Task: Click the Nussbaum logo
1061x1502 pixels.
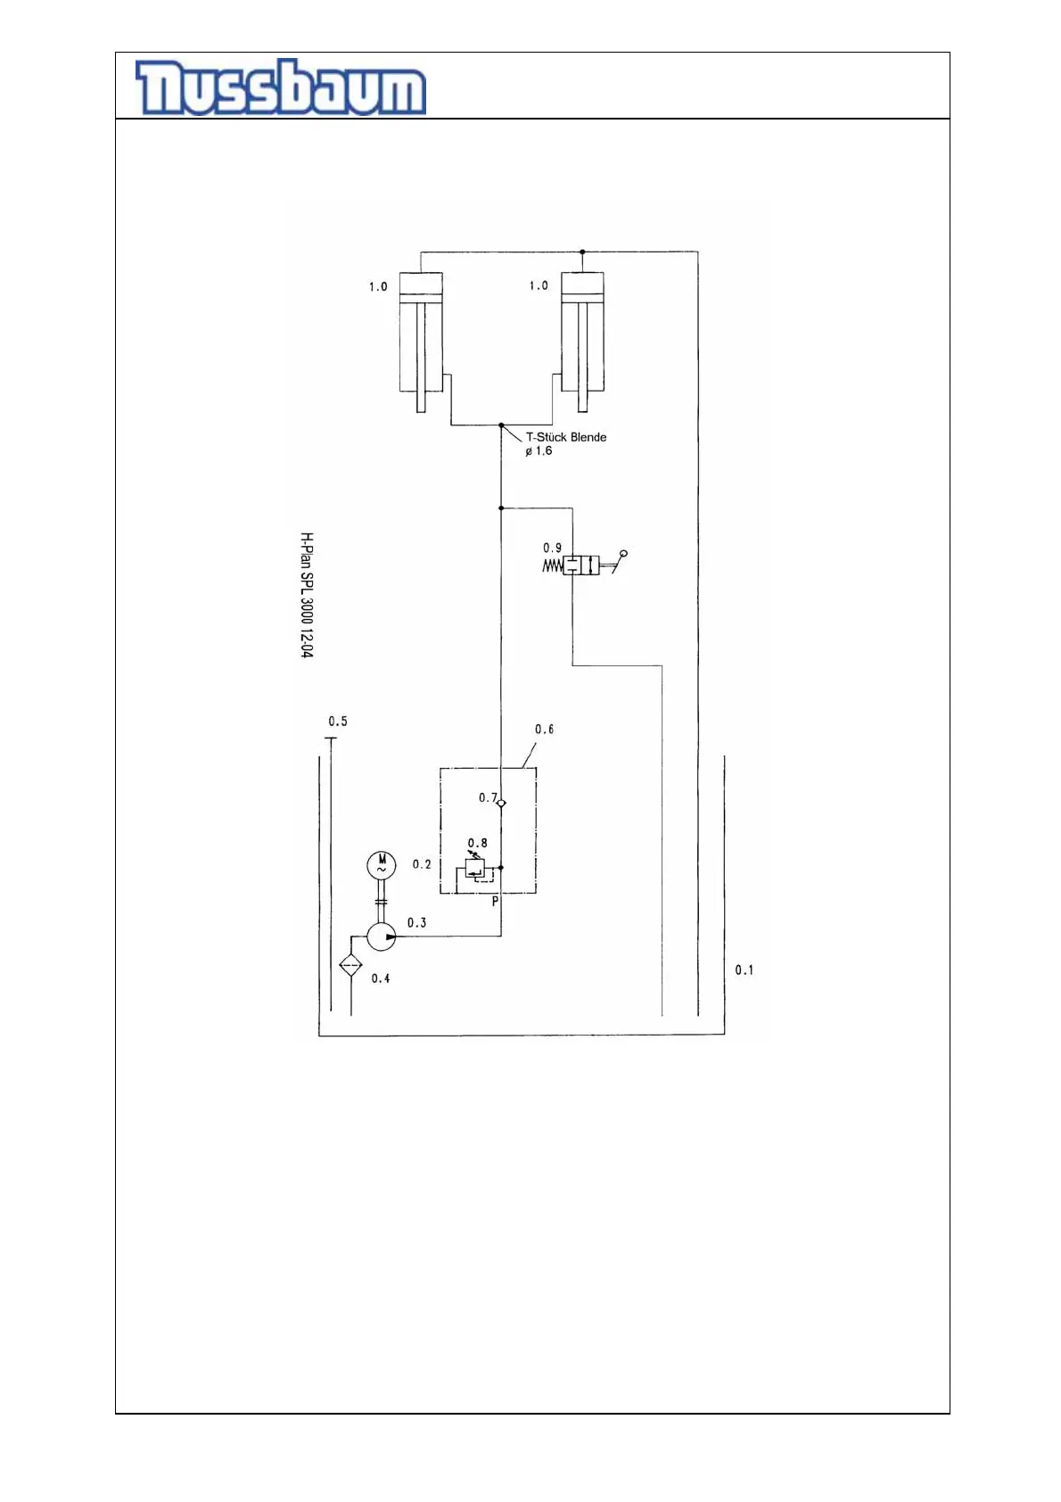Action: click(280, 87)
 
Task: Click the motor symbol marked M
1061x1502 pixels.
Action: click(382, 864)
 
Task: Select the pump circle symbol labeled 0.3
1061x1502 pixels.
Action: click(382, 937)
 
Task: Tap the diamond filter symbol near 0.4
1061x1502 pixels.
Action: click(350, 965)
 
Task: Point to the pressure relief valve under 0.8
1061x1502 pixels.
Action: click(474, 868)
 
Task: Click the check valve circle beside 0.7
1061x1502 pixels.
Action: click(501, 804)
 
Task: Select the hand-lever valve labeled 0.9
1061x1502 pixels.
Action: click(580, 565)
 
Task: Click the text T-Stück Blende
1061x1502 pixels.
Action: click(566, 437)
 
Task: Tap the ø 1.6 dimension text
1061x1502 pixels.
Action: click(539, 451)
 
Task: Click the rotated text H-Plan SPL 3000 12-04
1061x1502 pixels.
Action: click(306, 595)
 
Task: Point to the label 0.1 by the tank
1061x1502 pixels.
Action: click(744, 970)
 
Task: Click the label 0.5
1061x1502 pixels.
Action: click(338, 722)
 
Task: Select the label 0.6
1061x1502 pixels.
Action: click(544, 730)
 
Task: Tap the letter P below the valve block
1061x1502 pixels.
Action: click(496, 902)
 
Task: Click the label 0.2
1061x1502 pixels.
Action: click(422, 864)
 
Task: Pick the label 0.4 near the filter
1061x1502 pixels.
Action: click(381, 978)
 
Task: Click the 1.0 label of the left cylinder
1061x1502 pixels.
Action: click(378, 287)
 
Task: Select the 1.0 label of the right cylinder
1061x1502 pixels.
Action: click(539, 286)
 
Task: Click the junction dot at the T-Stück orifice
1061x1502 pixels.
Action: click(501, 425)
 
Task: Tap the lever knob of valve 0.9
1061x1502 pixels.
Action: click(624, 554)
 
